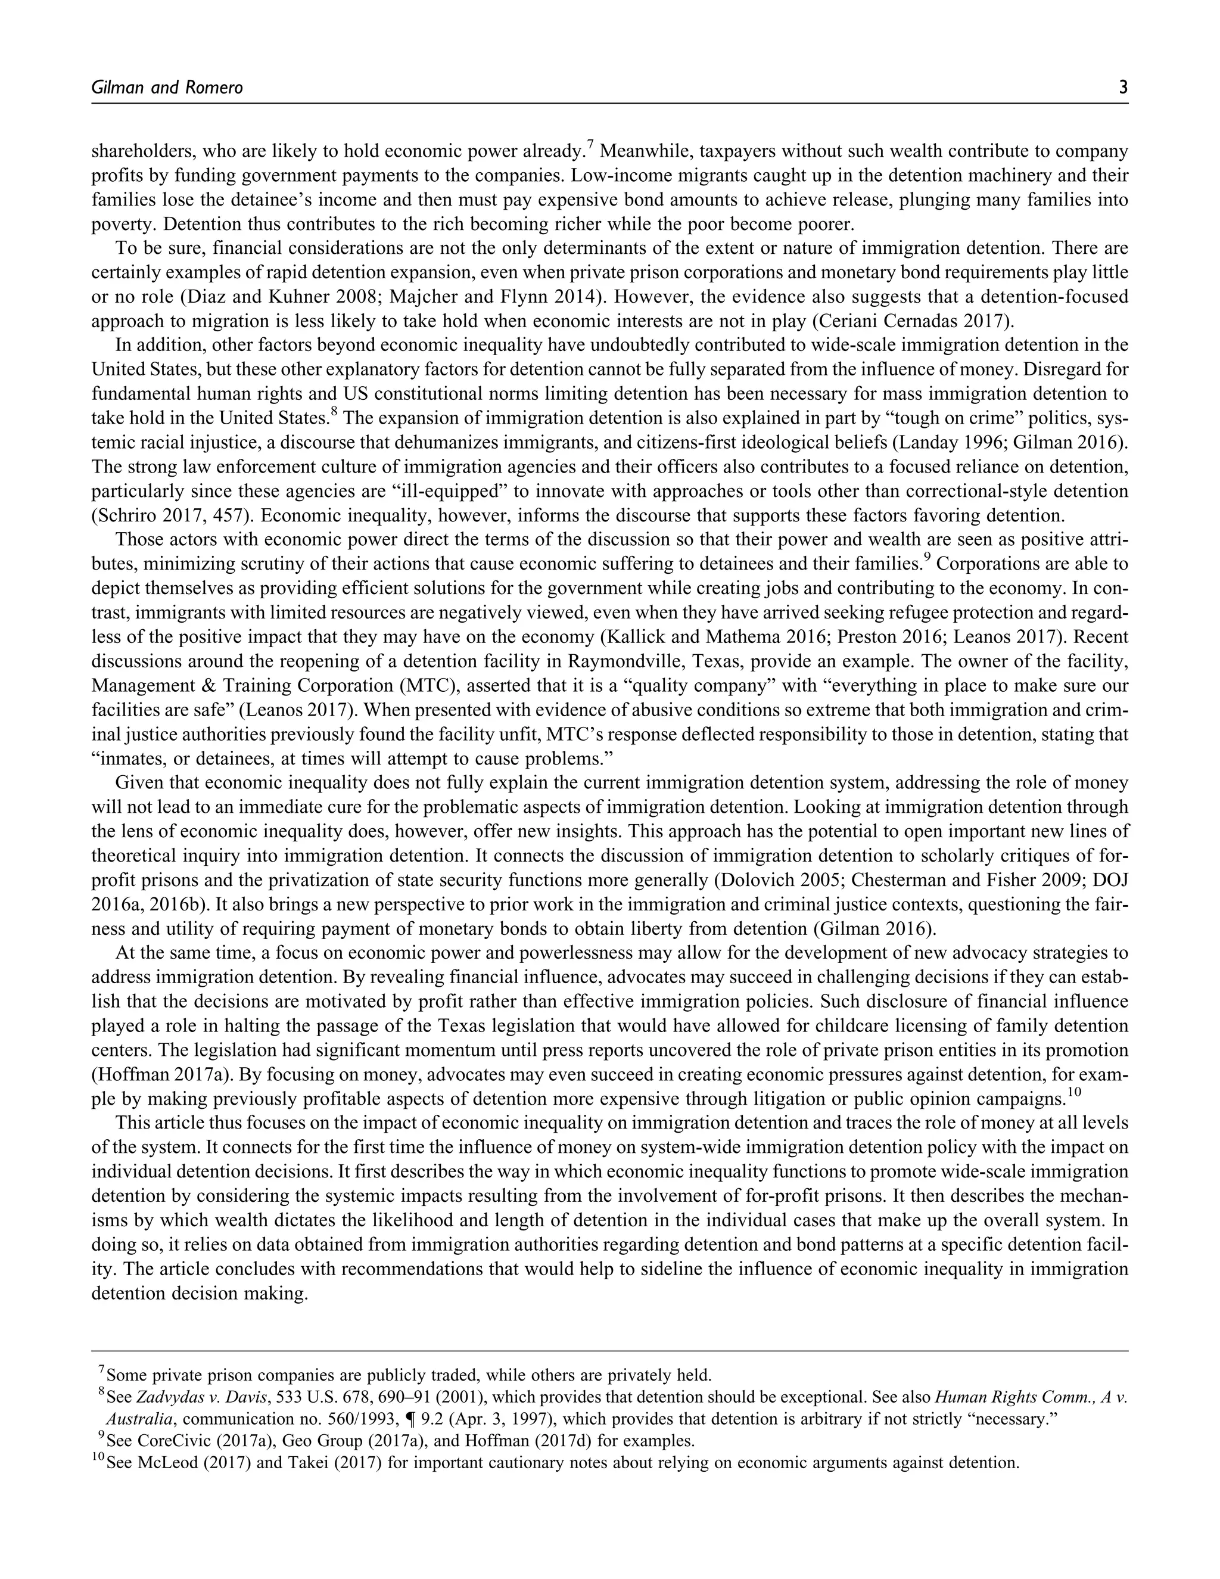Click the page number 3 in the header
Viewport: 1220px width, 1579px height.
[x=1122, y=88]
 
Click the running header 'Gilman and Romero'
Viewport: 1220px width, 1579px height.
[x=167, y=88]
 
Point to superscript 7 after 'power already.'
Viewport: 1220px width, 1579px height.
[x=590, y=146]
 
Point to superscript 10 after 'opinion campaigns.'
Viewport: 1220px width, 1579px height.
[x=1074, y=1092]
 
